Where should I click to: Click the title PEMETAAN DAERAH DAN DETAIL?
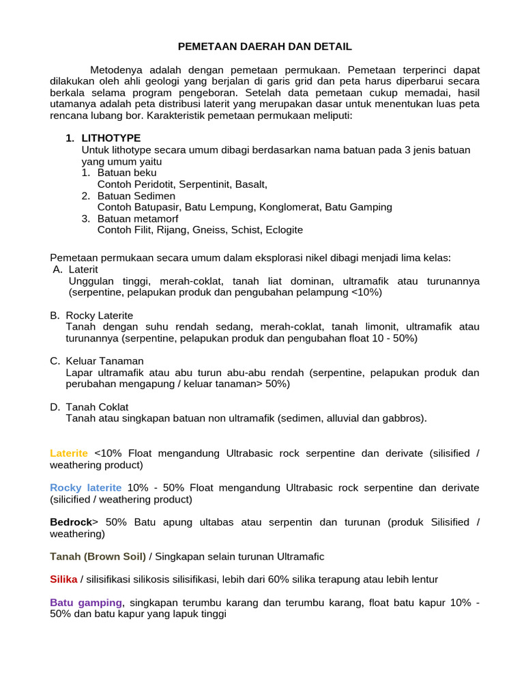(x=265, y=46)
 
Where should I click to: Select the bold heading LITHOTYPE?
(x=111, y=138)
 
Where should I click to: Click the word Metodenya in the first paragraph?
(x=115, y=70)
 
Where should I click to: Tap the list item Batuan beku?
(x=126, y=173)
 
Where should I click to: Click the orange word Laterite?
(x=69, y=453)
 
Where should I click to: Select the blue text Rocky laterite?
(x=86, y=487)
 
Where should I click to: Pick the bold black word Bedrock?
(x=70, y=522)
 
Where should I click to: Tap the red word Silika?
(x=63, y=580)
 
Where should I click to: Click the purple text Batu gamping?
(x=87, y=603)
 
